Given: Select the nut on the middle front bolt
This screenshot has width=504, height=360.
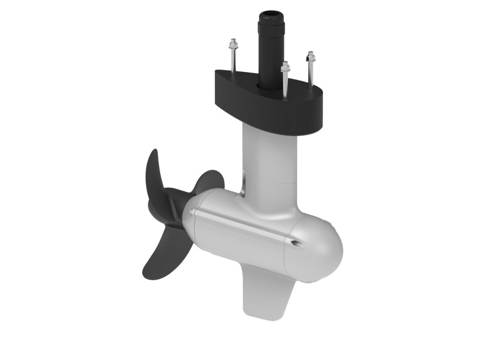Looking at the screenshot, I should [x=286, y=67].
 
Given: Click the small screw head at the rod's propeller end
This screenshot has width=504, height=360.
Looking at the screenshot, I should [x=191, y=212].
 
